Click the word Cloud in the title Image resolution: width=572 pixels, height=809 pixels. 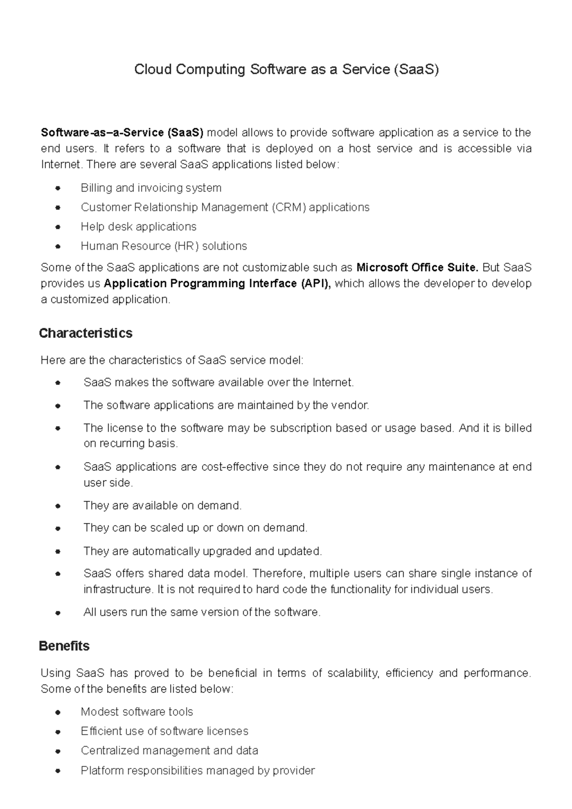click(x=153, y=70)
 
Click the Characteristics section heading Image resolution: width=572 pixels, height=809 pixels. click(x=85, y=333)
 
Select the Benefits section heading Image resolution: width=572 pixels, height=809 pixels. click(x=64, y=646)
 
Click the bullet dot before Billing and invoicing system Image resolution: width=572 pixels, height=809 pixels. click(x=58, y=188)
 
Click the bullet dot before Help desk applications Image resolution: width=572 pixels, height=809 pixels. click(x=58, y=227)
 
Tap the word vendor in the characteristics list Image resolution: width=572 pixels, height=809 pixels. click(x=353, y=405)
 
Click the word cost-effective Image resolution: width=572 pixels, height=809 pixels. click(x=235, y=467)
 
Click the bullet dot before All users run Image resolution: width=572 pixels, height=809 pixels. click(x=58, y=613)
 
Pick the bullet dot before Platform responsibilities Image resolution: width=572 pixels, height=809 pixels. click(x=58, y=771)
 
